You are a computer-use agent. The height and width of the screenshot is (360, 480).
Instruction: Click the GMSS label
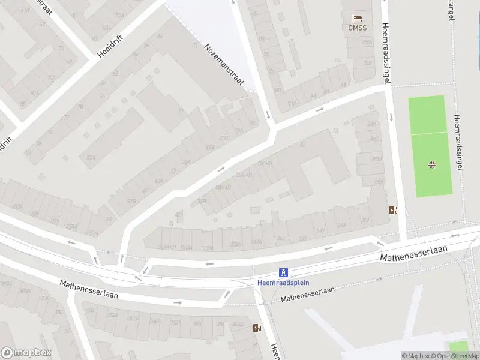click(357, 28)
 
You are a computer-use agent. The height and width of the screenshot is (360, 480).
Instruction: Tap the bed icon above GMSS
click(358, 18)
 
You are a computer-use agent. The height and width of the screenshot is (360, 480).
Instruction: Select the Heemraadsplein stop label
click(284, 283)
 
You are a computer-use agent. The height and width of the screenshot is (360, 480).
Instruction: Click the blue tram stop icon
click(284, 272)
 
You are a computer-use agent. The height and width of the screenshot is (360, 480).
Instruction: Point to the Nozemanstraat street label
click(224, 65)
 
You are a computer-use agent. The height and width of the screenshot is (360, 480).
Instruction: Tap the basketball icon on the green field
click(431, 165)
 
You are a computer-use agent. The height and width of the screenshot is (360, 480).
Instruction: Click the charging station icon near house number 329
click(393, 210)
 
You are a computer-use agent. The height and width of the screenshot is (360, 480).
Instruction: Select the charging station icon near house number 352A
click(257, 328)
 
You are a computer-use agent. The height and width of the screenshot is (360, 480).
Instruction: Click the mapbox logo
click(26, 353)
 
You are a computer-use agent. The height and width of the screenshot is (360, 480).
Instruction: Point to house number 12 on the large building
click(302, 145)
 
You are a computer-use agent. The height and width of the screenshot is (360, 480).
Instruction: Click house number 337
click(321, 231)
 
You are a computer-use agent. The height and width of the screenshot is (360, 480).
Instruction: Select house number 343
click(280, 238)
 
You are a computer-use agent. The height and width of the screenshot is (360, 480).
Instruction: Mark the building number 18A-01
click(265, 163)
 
